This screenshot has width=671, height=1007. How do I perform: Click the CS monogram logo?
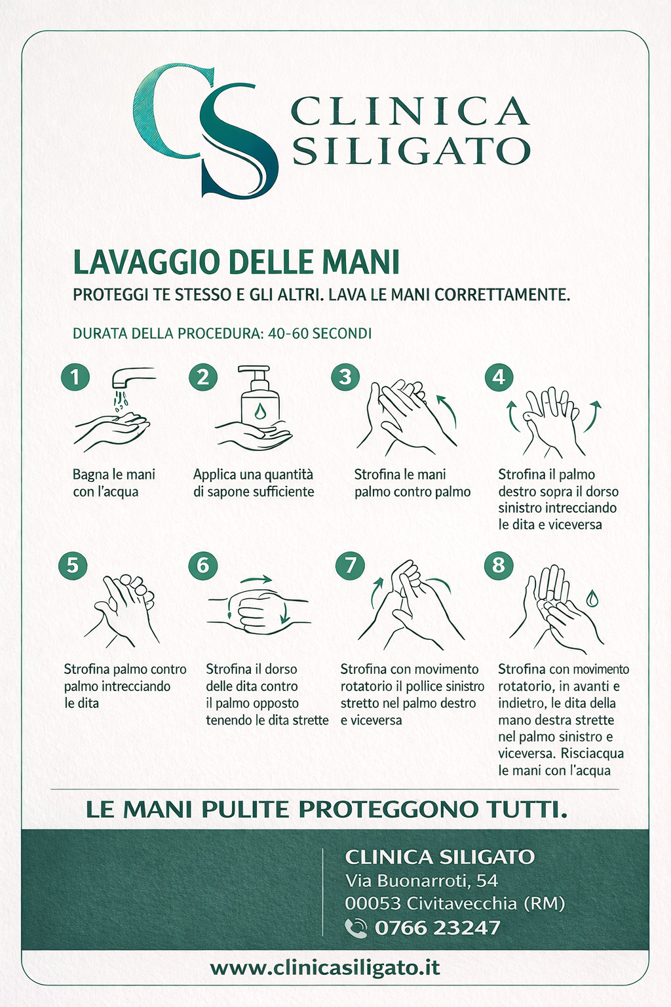point(205,130)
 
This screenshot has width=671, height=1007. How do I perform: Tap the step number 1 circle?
point(75,377)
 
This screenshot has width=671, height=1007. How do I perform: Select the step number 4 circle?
point(499,377)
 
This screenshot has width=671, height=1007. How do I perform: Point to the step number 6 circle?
point(203,565)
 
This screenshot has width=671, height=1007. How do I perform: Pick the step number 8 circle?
point(499,565)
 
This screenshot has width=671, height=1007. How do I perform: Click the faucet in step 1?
point(132,378)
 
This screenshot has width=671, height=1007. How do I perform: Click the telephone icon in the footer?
point(356,928)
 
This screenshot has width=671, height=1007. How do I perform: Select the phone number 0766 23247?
point(437,928)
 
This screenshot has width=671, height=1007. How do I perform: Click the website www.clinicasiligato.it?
point(325,968)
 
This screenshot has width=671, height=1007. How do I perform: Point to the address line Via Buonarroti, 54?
point(421,880)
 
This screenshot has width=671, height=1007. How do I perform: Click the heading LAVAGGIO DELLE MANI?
point(236,262)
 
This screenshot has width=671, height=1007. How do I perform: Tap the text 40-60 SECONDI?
point(320,334)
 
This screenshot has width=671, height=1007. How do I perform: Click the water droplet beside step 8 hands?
point(592,599)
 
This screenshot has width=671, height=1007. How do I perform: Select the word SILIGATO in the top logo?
point(412,151)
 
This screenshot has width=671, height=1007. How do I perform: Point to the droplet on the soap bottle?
point(259,410)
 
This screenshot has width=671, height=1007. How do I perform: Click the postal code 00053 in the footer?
point(373,903)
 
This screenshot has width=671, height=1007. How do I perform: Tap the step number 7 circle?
point(350,565)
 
